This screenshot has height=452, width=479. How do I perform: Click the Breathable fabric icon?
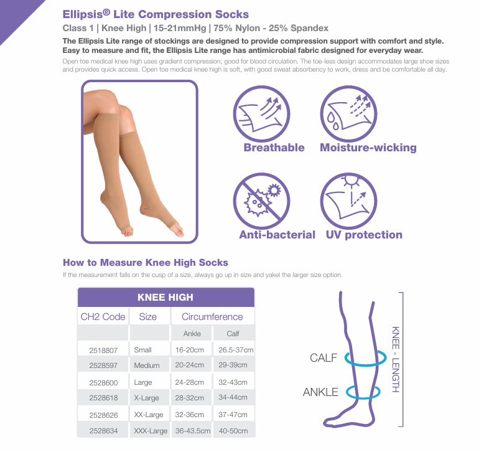[261, 114]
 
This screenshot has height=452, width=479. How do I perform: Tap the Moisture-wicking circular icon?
[348, 114]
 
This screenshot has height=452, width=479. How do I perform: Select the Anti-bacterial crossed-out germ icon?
[261, 201]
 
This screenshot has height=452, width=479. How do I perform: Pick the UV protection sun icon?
[348, 201]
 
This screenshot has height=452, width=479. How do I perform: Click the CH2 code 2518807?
[103, 350]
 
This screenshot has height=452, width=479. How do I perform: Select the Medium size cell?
[147, 365]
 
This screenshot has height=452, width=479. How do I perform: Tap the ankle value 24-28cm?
[189, 382]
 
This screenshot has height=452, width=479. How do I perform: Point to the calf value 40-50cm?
[233, 431]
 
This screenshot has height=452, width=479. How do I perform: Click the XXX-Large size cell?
[151, 431]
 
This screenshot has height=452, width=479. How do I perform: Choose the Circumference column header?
[212, 316]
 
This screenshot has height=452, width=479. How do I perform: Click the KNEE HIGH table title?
[165, 297]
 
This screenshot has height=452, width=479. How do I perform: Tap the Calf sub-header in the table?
[233, 334]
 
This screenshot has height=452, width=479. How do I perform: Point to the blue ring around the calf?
[365, 364]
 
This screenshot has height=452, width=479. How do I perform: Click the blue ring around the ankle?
[363, 398]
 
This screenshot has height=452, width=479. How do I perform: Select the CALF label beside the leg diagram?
[323, 357]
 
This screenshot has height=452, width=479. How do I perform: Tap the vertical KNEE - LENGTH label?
[396, 359]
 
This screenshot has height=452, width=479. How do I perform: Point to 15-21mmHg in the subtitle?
[180, 28]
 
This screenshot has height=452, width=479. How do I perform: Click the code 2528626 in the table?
[103, 415]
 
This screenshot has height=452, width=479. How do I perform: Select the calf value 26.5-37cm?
[236, 350]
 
